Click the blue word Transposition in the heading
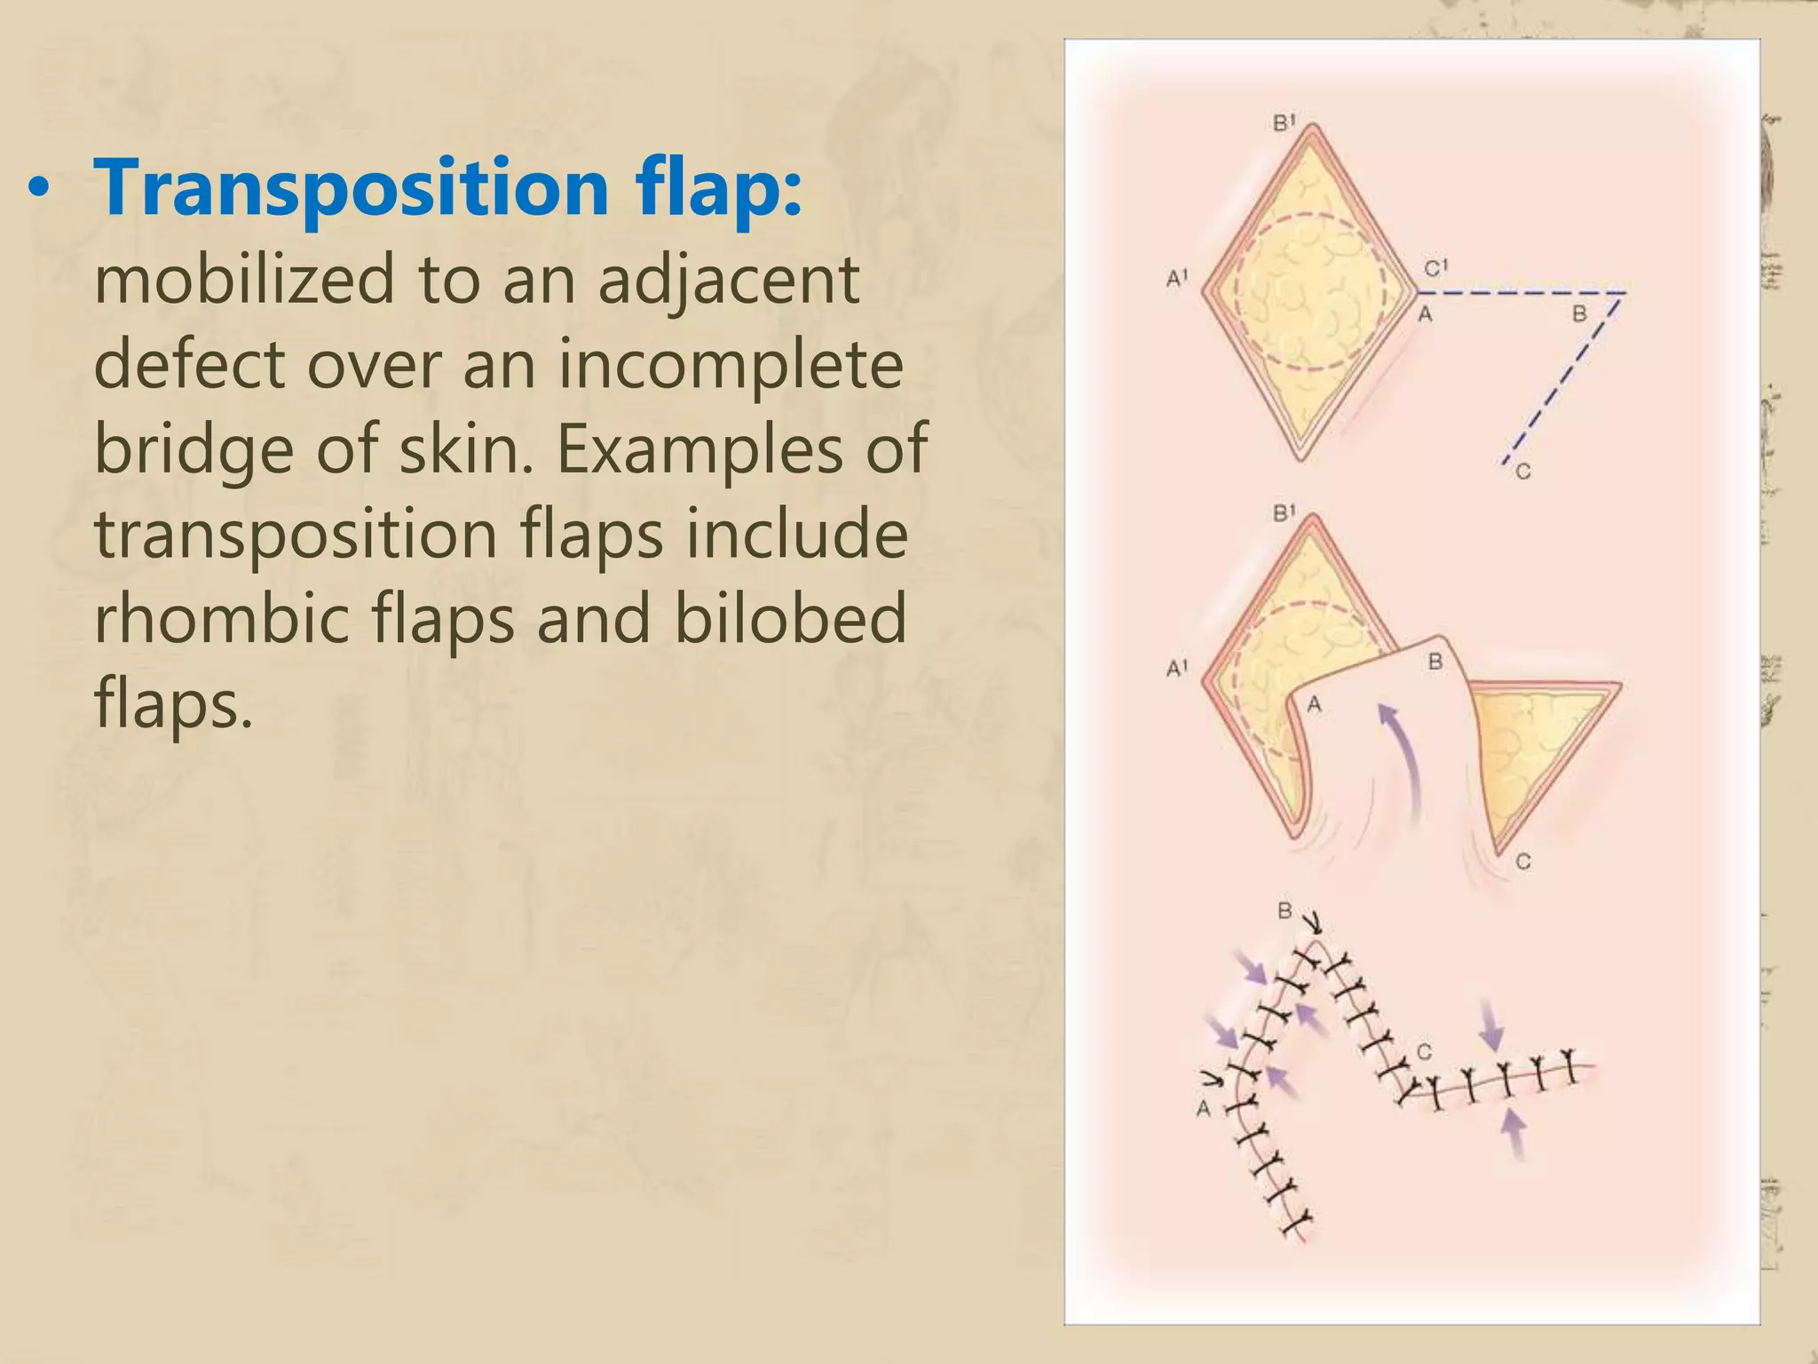(350, 188)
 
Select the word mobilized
(243, 279)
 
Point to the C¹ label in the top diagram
(1436, 266)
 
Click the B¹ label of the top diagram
(1284, 123)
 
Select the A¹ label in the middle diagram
(1177, 668)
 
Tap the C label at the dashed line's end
(1523, 472)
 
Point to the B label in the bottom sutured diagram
(1284, 911)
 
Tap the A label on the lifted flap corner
(1315, 704)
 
